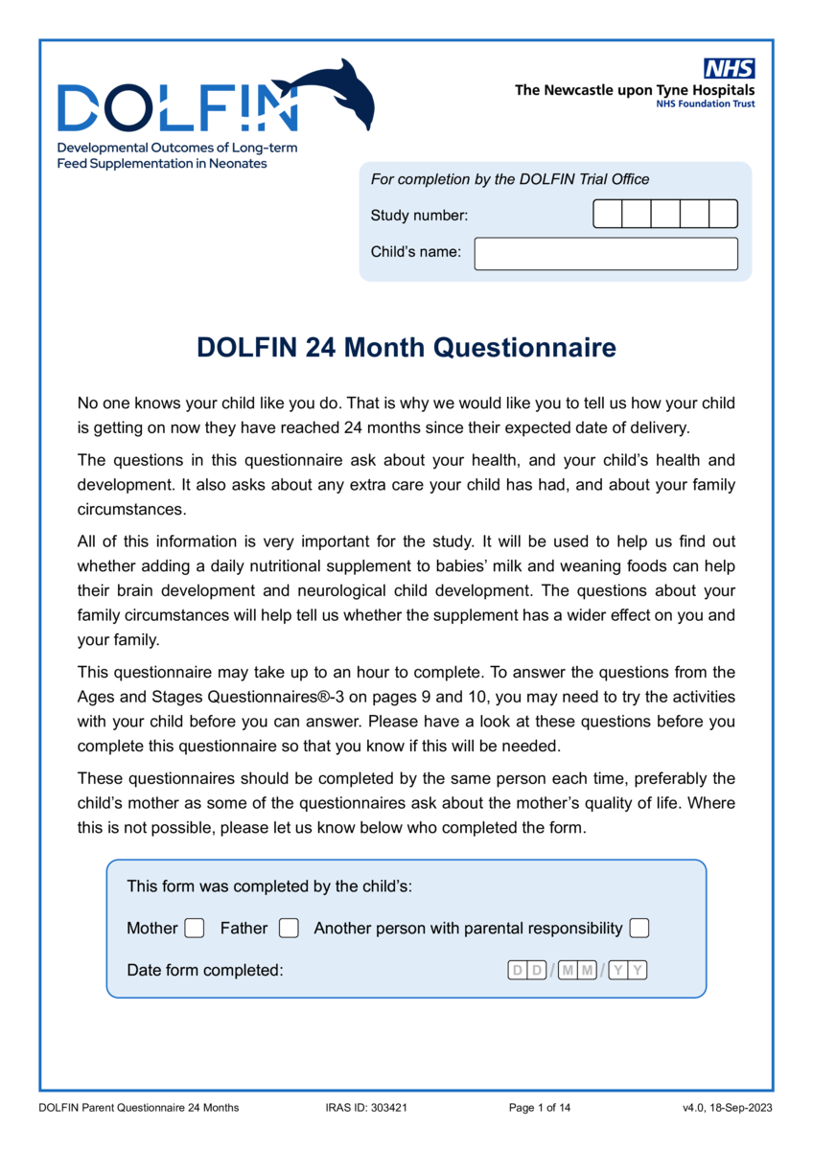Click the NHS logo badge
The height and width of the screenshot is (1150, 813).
coord(730,68)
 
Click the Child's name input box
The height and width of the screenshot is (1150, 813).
coord(606,254)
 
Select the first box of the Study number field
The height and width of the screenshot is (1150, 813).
coord(608,214)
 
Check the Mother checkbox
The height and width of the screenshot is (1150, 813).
coord(195,928)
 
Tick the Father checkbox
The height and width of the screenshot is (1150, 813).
coord(289,928)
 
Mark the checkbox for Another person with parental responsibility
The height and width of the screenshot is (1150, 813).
coord(639,928)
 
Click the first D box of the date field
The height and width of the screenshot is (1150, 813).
coord(518,971)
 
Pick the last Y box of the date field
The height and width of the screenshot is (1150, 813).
coord(638,971)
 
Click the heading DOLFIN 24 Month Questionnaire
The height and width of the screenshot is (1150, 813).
coord(406,347)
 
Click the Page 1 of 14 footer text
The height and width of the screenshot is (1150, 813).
coord(540,1109)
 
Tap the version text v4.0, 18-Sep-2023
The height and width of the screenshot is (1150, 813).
coord(728,1109)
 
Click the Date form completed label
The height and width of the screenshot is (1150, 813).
coord(205,971)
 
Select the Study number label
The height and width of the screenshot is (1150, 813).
coord(419,216)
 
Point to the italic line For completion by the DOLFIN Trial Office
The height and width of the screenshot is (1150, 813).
coord(510,179)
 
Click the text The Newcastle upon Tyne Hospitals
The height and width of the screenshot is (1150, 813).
coord(635,90)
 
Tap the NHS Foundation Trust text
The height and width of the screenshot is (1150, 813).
coord(705,103)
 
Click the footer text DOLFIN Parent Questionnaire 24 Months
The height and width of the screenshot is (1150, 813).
coord(139,1109)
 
